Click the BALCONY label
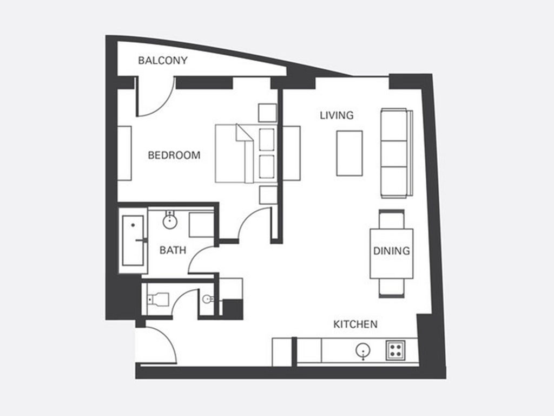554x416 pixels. (162, 61)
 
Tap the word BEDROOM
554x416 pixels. (174, 155)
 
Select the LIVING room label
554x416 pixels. (337, 115)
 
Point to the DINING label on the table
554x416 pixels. (392, 251)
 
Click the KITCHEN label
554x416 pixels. (355, 324)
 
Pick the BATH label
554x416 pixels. (173, 250)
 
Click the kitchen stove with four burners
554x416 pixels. (395, 350)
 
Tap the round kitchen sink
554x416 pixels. (363, 350)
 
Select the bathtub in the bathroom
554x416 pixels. (133, 240)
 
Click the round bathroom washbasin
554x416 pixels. (169, 222)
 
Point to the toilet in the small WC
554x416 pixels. (159, 299)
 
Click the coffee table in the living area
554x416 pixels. (349, 153)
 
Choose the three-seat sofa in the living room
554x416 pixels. (397, 153)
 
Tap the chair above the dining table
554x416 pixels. (392, 219)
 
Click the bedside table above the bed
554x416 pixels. (267, 113)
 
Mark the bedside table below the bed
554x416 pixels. (268, 195)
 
